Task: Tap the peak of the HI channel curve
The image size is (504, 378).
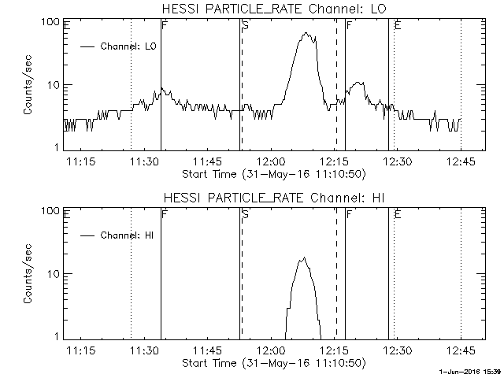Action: (x=303, y=258)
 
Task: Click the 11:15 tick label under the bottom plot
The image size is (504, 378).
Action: (x=80, y=350)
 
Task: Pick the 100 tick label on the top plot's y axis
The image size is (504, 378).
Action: (x=52, y=22)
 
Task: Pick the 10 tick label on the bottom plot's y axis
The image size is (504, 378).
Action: (x=55, y=274)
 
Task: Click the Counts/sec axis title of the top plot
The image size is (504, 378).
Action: (x=28, y=85)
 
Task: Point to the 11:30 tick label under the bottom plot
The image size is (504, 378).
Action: (x=143, y=350)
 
